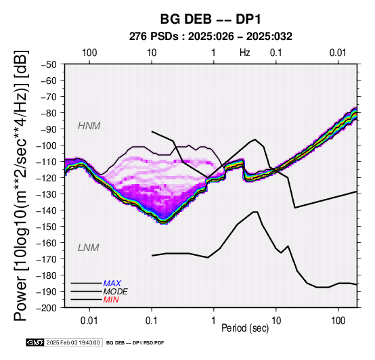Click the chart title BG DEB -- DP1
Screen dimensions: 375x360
tap(211, 19)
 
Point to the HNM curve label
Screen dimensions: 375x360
tap(89, 126)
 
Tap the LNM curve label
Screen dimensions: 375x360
tap(89, 248)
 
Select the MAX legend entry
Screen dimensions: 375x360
tap(112, 284)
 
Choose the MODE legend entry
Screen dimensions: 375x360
tap(115, 292)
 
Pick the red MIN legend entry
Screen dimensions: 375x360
tap(111, 300)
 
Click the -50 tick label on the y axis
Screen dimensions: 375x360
tap(49, 64)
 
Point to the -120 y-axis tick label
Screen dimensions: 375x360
tap(47, 178)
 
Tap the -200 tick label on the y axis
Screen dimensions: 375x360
tap(47, 308)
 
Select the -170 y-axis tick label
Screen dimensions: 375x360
tap(47, 259)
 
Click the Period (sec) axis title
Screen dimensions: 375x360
tap(245, 328)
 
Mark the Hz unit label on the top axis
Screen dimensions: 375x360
tap(245, 53)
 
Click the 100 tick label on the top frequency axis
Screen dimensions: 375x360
tap(89, 53)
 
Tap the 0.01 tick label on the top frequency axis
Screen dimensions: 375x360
tap(338, 53)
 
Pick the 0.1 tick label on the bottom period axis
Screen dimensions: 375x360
tap(152, 321)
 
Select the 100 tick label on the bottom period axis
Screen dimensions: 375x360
tap(338, 321)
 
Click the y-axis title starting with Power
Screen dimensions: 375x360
tap(21, 185)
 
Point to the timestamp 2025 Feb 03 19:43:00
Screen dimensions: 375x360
tap(73, 342)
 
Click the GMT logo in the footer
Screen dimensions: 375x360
tap(35, 342)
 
